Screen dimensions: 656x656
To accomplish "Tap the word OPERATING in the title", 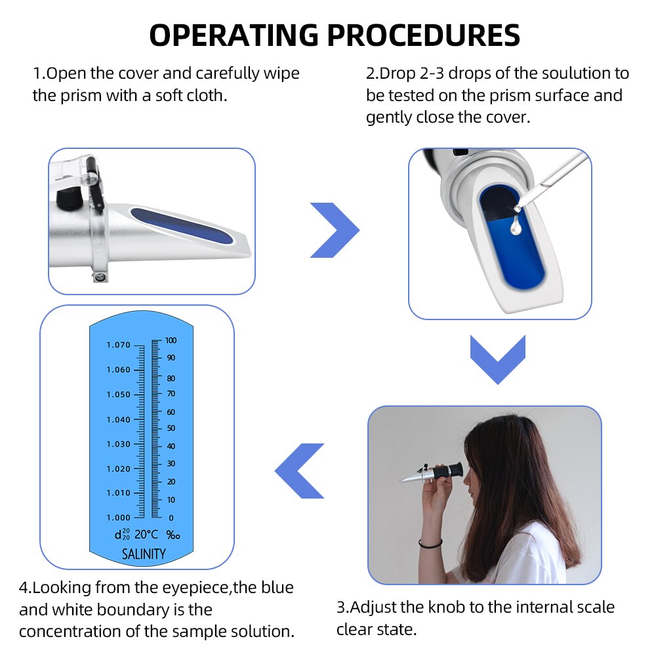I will pyautogui.click(x=229, y=35).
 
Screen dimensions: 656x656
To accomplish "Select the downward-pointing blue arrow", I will pyautogui.click(x=498, y=359).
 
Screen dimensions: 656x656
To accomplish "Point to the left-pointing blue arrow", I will pyautogui.click(x=300, y=470).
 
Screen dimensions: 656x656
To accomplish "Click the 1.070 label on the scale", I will pyautogui.click(x=119, y=345).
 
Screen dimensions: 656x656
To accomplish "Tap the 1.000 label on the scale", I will pyautogui.click(x=119, y=518).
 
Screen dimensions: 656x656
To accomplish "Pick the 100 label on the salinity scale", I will pyautogui.click(x=171, y=340).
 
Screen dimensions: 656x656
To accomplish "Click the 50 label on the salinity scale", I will pyautogui.click(x=170, y=428).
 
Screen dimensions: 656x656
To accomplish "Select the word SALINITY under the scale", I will pyautogui.click(x=144, y=554).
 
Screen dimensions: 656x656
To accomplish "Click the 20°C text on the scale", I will pyautogui.click(x=146, y=535).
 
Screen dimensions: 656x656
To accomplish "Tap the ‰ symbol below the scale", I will pyautogui.click(x=173, y=535).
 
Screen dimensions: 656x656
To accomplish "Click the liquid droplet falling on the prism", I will pyautogui.click(x=516, y=225).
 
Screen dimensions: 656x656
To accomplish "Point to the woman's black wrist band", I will pyautogui.click(x=430, y=543).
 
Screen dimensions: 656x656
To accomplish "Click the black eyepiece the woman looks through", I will pyautogui.click(x=449, y=471).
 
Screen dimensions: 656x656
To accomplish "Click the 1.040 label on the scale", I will pyautogui.click(x=119, y=419).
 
